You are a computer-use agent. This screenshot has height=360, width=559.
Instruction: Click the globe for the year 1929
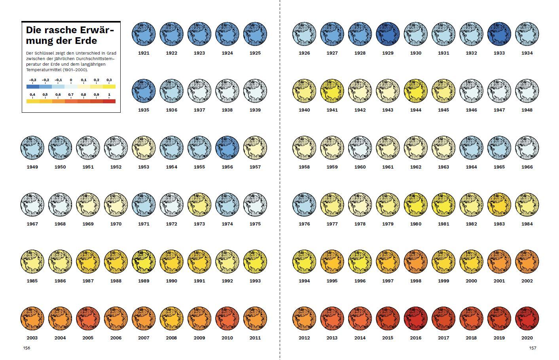click(388, 34)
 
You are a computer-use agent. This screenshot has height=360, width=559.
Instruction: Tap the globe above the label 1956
click(227, 148)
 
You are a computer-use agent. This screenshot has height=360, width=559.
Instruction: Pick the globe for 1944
click(416, 91)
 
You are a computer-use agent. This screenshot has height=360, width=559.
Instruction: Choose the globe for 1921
click(144, 34)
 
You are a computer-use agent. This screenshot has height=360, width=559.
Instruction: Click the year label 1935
click(144, 110)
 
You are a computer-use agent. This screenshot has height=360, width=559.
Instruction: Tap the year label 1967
click(32, 224)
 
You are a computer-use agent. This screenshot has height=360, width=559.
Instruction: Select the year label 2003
click(32, 338)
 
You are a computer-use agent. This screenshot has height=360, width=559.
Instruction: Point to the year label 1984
click(527, 224)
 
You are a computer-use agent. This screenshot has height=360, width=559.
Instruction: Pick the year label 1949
click(32, 167)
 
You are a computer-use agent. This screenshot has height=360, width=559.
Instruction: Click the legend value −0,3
click(32, 80)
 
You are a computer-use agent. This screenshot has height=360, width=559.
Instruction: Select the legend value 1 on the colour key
click(109, 95)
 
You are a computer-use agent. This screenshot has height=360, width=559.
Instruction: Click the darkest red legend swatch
click(109, 101)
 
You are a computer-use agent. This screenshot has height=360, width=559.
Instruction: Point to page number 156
click(26, 348)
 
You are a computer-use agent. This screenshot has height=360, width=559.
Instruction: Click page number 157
click(532, 348)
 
